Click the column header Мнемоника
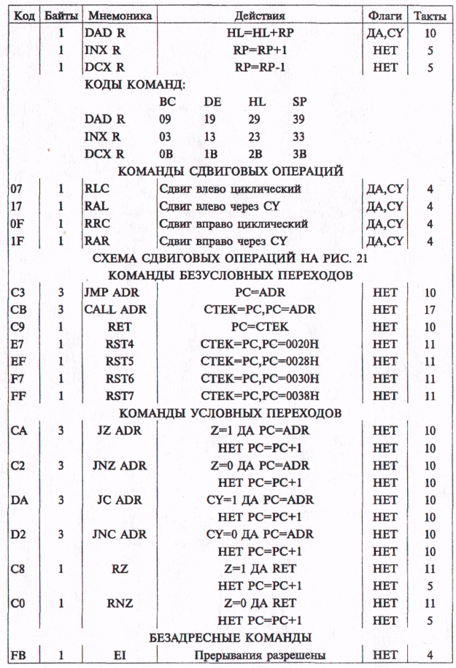click(x=120, y=15)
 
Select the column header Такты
click(x=430, y=15)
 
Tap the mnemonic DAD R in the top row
click(x=105, y=33)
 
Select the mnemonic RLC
click(x=97, y=189)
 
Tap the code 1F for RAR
click(x=18, y=241)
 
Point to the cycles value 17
click(x=430, y=310)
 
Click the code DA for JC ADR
click(x=20, y=499)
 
